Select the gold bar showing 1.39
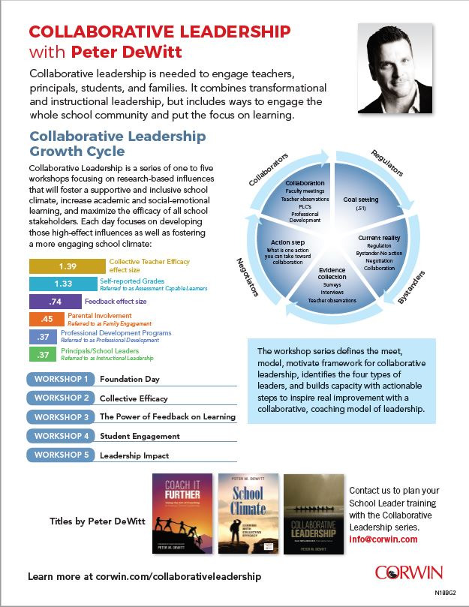(68, 266)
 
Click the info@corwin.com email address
(382, 539)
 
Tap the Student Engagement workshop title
(140, 436)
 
